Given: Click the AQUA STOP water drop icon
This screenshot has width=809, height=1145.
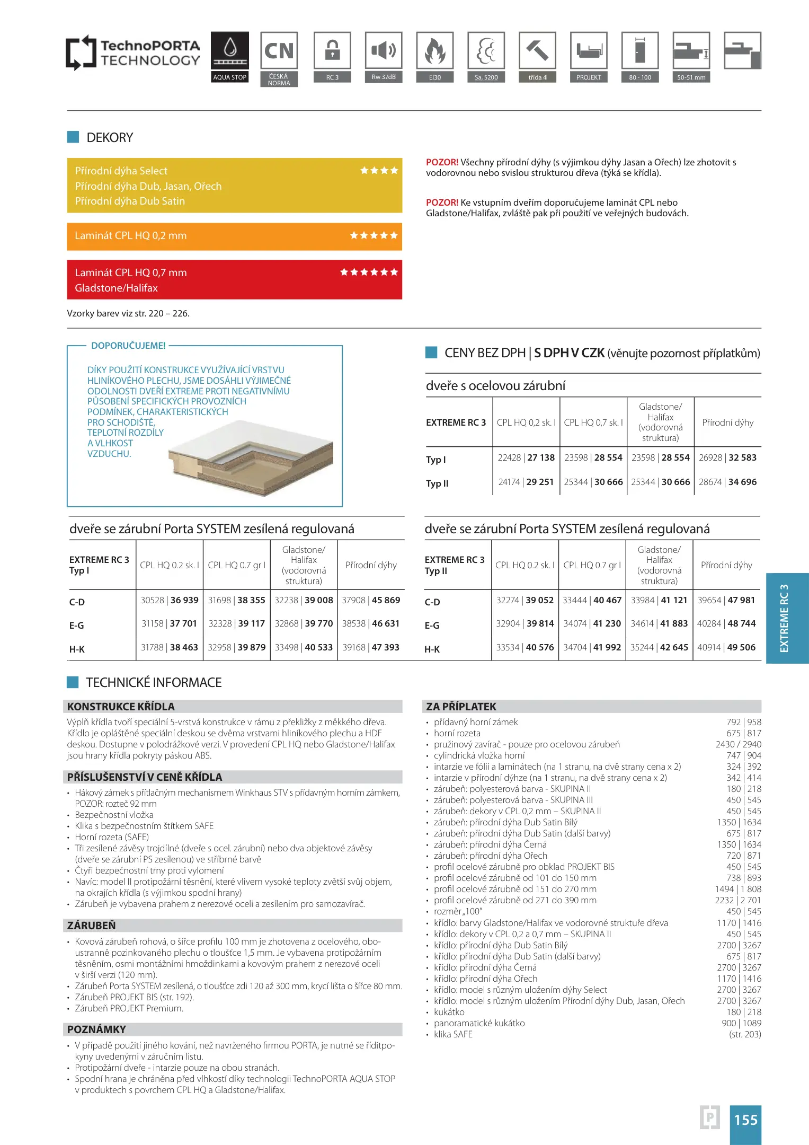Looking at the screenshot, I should tap(229, 51).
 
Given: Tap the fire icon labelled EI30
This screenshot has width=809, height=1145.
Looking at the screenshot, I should tap(434, 51).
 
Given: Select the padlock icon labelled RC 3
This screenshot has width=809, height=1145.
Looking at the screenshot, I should tap(332, 51).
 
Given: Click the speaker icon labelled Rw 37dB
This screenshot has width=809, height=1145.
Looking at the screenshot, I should tap(384, 51).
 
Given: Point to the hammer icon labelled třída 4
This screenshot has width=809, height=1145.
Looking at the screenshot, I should tap(537, 51).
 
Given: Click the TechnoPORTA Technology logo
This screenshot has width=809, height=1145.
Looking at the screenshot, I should tap(133, 53).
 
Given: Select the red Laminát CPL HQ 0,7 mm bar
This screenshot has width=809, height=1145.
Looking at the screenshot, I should tap(234, 280).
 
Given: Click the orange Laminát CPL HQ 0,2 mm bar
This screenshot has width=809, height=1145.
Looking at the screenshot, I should tap(234, 236).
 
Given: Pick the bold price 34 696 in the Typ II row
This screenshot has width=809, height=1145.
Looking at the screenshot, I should tap(742, 482).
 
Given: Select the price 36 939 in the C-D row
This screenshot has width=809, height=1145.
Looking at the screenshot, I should tap(184, 601).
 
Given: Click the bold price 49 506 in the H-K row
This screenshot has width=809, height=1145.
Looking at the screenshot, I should tap(741, 648).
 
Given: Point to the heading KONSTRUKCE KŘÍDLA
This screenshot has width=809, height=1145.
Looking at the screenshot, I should tap(121, 707).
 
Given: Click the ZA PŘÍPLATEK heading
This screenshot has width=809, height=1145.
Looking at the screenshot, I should tap(461, 707).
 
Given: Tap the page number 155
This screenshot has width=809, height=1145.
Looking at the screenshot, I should tap(745, 1120).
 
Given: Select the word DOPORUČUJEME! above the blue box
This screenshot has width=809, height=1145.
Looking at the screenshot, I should tap(128, 346).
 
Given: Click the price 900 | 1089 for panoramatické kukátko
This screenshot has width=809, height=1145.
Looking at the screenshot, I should tap(741, 1024).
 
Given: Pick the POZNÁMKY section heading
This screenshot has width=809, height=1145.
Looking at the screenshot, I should tap(96, 1029).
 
